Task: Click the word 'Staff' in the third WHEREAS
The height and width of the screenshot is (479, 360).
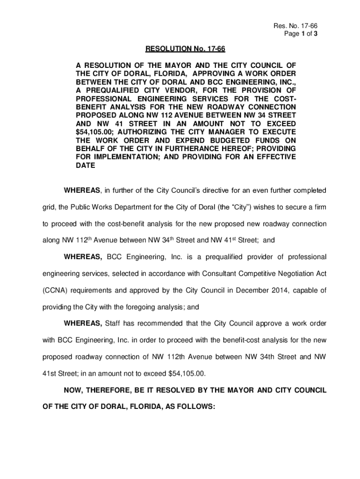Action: pyautogui.click(x=114, y=324)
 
